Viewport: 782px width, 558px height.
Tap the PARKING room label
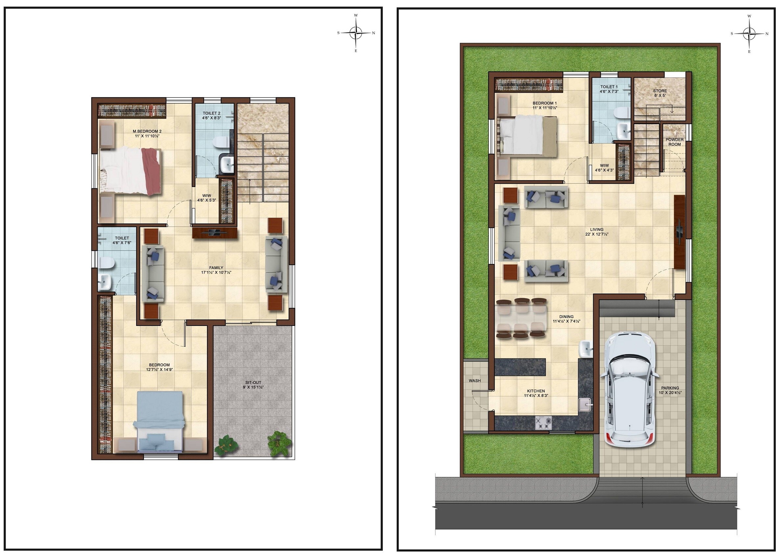670,388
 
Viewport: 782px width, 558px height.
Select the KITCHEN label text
536,391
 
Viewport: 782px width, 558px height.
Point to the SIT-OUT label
253,383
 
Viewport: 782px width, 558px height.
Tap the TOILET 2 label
212,113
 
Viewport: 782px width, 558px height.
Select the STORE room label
660,91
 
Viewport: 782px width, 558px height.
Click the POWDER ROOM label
674,142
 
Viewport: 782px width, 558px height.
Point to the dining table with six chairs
521,319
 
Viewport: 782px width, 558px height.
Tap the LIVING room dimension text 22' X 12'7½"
597,234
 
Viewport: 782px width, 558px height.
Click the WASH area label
475,381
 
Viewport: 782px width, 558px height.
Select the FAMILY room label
216,268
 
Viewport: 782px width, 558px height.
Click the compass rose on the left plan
356,33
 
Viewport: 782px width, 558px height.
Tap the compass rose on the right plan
749,34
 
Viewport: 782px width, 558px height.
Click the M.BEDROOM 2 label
147,131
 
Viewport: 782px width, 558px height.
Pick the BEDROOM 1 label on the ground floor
544,103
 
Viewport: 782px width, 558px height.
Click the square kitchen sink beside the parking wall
585,404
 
